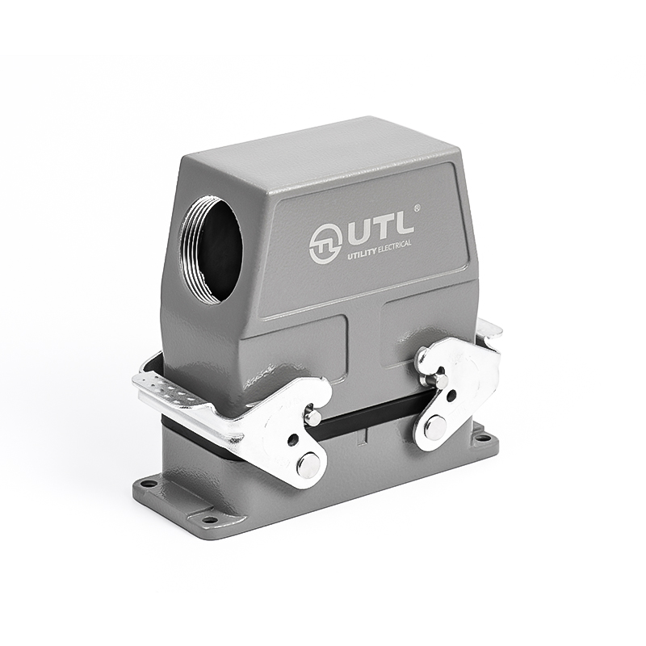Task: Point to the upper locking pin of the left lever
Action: (313, 417)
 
